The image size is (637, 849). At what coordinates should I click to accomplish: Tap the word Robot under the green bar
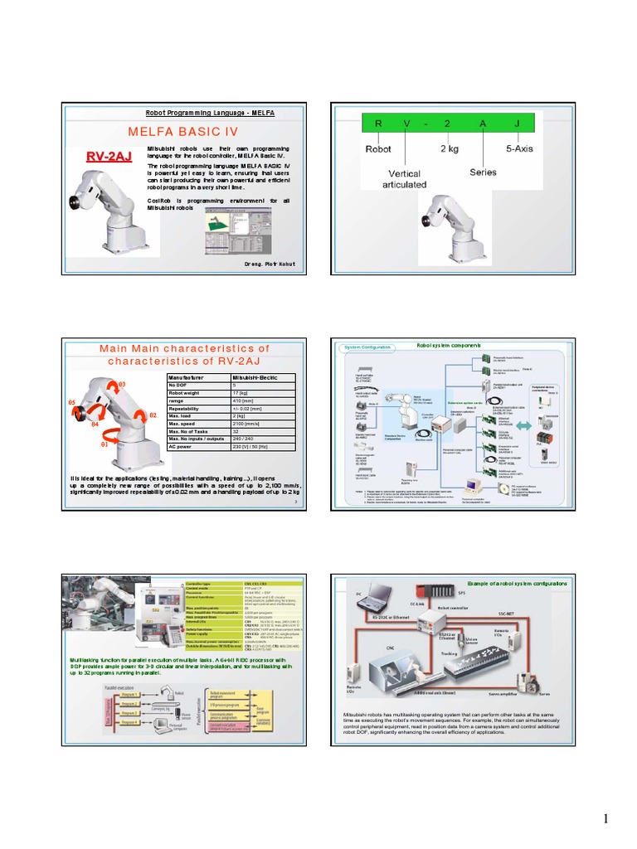pyautogui.click(x=379, y=151)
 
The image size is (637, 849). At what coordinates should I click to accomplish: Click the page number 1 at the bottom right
pyautogui.click(x=606, y=820)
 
